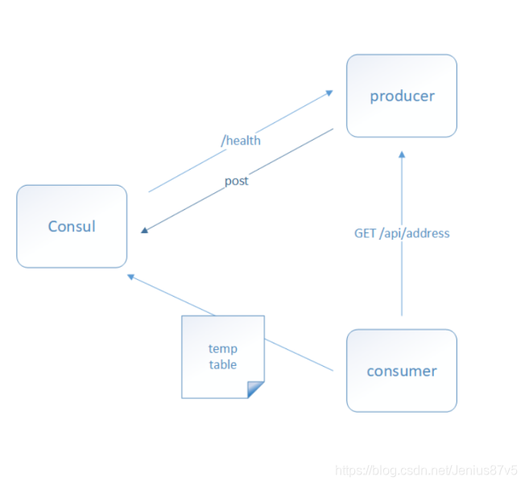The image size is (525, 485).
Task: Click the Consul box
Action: [x=72, y=226]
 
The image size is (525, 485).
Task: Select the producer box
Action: [x=401, y=96]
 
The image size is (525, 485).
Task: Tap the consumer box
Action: [x=401, y=371]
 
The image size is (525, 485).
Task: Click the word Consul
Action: [x=72, y=226]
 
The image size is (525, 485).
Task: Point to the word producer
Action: [x=402, y=97]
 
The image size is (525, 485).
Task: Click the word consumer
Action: [x=401, y=372]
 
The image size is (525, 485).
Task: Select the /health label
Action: [x=241, y=141]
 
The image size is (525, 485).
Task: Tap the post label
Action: [x=236, y=181]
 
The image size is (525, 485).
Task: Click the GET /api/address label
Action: [x=402, y=233]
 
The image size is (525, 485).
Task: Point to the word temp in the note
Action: [x=223, y=348]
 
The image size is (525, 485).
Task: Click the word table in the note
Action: [x=223, y=364]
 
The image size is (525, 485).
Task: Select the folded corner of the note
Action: [x=255, y=389]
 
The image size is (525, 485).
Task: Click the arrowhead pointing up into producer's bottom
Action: [x=401, y=154]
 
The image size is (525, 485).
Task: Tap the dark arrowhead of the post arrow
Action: [x=145, y=230]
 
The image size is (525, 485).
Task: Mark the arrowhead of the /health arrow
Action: [x=329, y=92]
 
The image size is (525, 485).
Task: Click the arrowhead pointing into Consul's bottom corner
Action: [x=130, y=276]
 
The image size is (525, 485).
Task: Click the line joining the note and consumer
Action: [x=298, y=355]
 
